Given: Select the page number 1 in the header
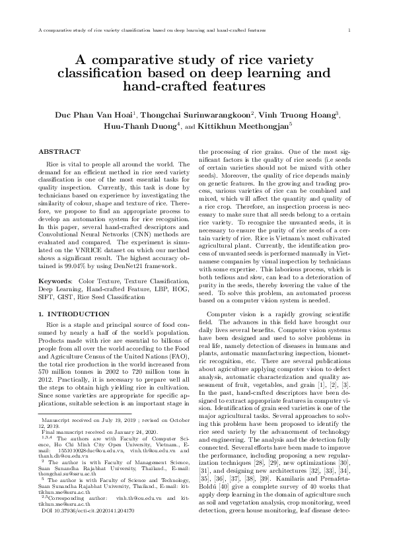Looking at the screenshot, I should (x=348, y=30).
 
